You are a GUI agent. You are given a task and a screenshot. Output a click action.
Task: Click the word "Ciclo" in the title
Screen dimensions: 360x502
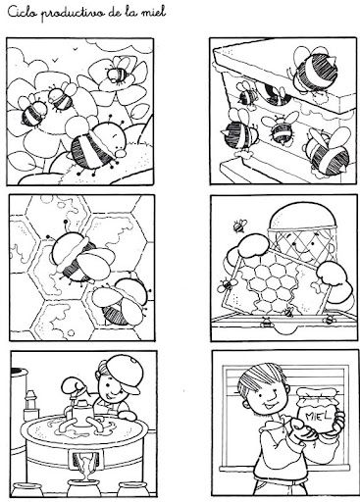coord(22,13)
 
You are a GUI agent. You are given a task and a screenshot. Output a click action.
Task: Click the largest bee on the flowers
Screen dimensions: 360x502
coord(97,146)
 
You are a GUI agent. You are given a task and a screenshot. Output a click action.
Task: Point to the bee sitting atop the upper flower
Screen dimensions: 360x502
coord(117,73)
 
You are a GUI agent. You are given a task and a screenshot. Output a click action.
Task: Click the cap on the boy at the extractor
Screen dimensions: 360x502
coord(126,372)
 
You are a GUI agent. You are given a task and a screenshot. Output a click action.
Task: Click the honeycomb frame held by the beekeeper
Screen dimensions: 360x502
coord(273,286)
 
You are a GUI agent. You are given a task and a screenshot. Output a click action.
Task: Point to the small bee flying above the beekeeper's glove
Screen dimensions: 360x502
coord(240,226)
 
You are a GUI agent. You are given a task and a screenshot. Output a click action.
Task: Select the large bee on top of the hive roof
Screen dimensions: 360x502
coord(313,71)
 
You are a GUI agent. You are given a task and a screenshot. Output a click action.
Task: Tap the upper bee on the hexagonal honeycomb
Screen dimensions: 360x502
coord(77,257)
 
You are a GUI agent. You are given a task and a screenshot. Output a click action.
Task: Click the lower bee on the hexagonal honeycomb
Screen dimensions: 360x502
coord(122,301)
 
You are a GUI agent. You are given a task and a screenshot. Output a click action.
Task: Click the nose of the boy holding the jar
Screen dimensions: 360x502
coord(270,396)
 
